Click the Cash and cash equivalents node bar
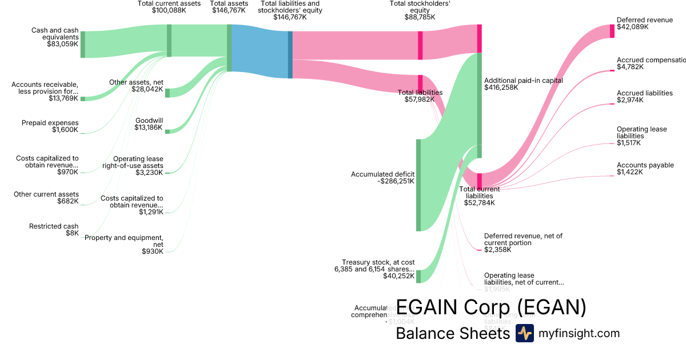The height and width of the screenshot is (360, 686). tap(82, 44)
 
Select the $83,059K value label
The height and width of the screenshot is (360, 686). tap(62, 44)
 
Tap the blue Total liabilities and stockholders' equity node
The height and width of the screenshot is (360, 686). tap(290, 54)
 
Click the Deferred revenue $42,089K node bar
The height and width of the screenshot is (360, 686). tap(612, 31)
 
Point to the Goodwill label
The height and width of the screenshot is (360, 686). tap(149, 121)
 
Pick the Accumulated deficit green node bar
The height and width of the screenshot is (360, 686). tap(418, 185)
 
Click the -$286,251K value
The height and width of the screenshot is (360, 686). tap(396, 181)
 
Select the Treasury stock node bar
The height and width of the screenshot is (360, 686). tap(418, 277)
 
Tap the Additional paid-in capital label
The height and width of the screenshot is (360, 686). tap(523, 81)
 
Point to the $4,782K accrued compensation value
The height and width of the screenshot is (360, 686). tap(630, 67)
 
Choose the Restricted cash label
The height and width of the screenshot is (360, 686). tap(54, 226)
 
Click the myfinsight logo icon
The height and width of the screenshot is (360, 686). tap(524, 333)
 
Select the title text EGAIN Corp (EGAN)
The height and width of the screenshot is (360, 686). tap(491, 307)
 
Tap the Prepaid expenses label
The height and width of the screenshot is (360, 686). tap(50, 123)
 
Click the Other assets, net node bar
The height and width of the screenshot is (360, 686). tap(167, 93)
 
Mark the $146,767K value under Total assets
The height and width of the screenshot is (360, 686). tap(229, 10)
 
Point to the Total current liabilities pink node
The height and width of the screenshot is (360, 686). tap(480, 180)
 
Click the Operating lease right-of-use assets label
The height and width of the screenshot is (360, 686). tap(138, 162)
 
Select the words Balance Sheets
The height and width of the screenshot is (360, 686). tap(452, 333)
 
